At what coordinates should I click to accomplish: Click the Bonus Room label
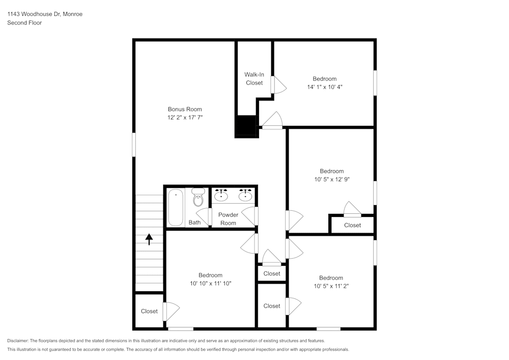point(185,109)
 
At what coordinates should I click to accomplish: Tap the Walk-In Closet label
point(254,78)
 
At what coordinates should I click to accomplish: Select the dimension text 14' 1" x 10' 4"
point(324,87)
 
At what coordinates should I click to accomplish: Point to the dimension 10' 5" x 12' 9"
point(332,179)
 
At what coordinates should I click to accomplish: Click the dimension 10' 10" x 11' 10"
point(210,284)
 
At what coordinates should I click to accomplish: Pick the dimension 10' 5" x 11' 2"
point(331,286)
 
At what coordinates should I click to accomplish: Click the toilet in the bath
point(198,198)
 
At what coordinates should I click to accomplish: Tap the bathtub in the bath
point(176,208)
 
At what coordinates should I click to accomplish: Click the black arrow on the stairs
point(149,239)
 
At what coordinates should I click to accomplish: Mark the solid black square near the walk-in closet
point(245,126)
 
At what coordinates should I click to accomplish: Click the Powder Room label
point(228,219)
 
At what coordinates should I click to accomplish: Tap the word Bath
point(194,223)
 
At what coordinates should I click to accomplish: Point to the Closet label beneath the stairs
point(149,311)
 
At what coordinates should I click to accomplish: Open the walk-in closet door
point(277,85)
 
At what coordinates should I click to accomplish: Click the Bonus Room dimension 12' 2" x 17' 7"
point(185,117)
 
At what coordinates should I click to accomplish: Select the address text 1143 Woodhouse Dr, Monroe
point(45,14)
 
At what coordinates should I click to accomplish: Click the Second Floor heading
point(24,23)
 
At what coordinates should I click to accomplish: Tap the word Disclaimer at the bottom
point(19,341)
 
